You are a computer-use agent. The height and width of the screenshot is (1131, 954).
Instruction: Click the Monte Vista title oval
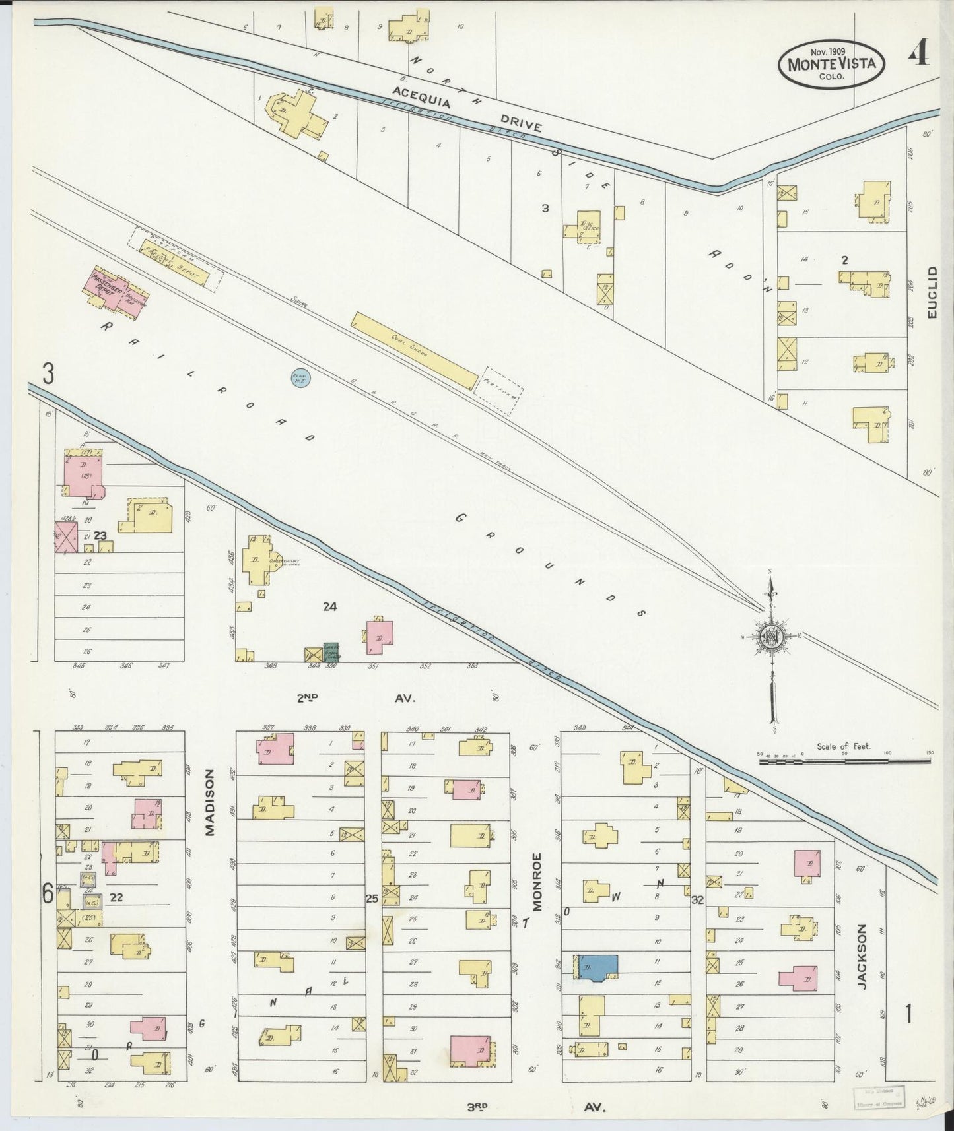[831, 63]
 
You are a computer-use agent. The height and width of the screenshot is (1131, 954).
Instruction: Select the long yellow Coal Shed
[414, 351]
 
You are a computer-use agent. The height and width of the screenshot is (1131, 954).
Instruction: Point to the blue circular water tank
[302, 377]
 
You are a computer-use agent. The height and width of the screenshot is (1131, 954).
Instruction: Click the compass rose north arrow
[770, 635]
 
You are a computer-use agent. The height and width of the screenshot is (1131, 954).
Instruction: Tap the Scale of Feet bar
[844, 761]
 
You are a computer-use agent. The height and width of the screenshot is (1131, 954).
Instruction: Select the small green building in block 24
[331, 651]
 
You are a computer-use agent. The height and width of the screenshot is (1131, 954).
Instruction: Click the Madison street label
[210, 802]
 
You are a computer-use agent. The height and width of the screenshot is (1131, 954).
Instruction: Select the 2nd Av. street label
[357, 697]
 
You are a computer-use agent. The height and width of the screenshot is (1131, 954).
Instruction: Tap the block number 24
[330, 606]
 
